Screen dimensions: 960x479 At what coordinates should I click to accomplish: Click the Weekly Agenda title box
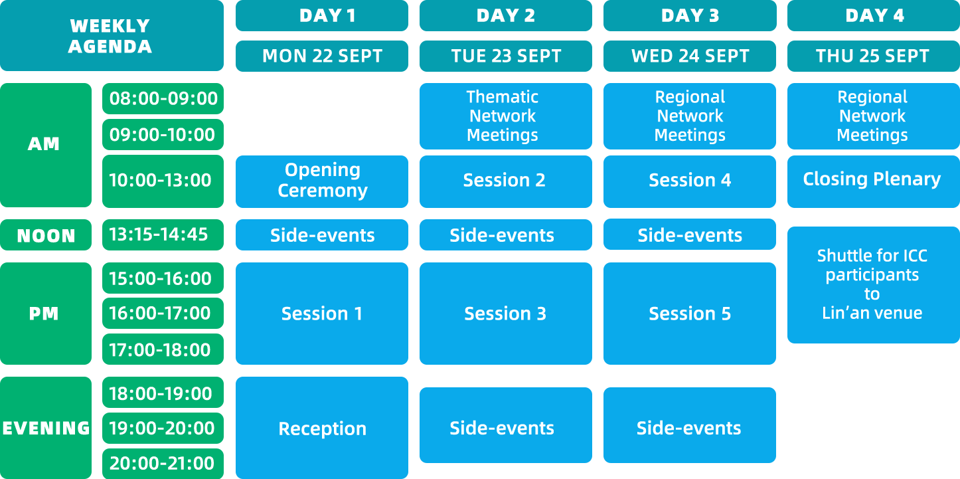click(112, 36)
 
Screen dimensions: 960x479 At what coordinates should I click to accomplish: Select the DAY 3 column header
click(690, 15)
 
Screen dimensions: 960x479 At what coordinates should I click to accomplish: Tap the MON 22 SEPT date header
click(322, 56)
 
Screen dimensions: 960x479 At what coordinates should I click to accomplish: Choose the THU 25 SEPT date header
click(874, 56)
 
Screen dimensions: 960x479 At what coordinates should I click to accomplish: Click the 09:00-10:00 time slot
click(163, 135)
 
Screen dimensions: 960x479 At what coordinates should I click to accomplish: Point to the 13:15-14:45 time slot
click(163, 235)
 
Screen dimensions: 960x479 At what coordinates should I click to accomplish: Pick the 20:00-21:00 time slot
click(163, 464)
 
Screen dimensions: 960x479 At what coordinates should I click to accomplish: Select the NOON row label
click(46, 235)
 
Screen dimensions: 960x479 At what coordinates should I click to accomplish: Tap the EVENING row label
click(46, 428)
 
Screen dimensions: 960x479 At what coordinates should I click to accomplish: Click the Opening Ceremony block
click(322, 181)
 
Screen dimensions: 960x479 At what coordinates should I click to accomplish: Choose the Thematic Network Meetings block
click(506, 116)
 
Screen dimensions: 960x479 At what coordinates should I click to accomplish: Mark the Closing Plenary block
click(874, 181)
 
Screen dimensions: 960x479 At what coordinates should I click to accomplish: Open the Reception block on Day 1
click(322, 428)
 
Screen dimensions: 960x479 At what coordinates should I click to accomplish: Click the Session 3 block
click(506, 314)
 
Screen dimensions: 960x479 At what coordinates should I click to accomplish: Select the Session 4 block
click(690, 181)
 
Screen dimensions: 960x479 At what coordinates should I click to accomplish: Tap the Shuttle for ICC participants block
click(874, 285)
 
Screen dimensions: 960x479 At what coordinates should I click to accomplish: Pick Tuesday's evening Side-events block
click(506, 425)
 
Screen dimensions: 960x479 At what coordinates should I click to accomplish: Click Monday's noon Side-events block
click(322, 235)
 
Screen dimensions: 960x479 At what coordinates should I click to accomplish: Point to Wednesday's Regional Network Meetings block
click(690, 116)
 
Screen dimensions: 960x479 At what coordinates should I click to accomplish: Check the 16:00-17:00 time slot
click(163, 314)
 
